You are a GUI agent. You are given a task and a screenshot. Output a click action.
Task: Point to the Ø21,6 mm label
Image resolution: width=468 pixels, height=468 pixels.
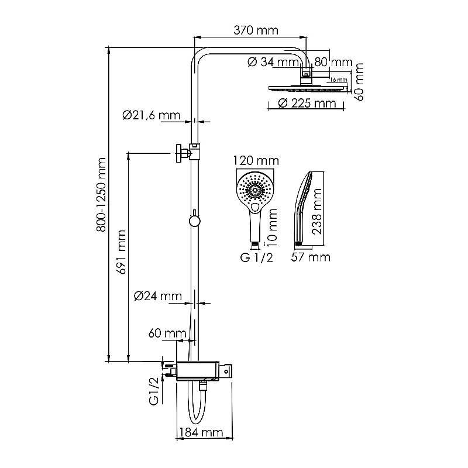pyautogui.click(x=151, y=116)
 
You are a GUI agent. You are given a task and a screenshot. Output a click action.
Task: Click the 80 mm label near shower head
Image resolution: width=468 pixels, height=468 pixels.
pyautogui.click(x=333, y=62)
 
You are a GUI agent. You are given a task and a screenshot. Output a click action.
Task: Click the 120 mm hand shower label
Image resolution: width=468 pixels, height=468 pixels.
pyautogui.click(x=255, y=160)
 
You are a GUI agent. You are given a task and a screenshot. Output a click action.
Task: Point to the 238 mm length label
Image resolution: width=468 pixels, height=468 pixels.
pyautogui.click(x=318, y=208)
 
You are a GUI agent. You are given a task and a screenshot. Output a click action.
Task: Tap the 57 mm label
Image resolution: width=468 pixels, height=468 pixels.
pyautogui.click(x=310, y=257)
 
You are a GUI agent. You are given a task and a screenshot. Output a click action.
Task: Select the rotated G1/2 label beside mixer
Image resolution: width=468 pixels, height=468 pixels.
pyautogui.click(x=154, y=391)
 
